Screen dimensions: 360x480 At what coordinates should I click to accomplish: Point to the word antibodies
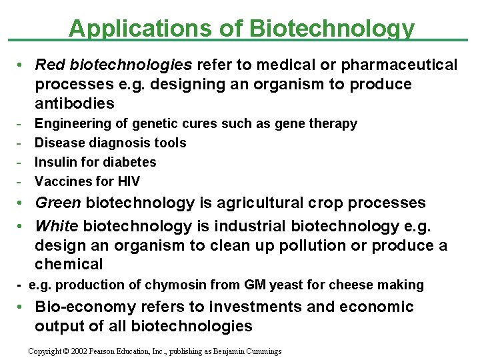[75, 104]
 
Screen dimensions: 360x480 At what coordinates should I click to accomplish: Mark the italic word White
[56, 226]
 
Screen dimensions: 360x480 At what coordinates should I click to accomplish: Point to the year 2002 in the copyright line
[82, 351]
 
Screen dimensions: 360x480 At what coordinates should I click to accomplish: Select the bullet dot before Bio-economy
[22, 307]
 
